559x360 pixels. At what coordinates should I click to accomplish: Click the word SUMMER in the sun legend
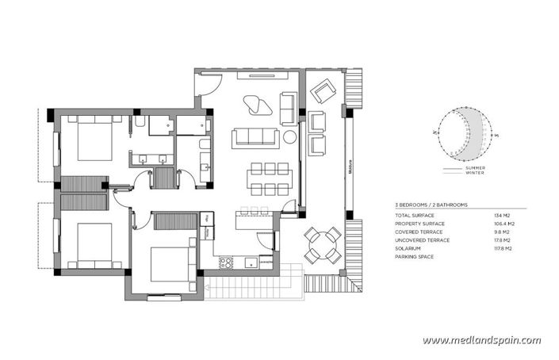475,169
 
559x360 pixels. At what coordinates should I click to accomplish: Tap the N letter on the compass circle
435,132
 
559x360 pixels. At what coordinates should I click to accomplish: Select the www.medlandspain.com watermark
481,340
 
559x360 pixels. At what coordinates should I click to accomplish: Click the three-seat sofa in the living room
255,139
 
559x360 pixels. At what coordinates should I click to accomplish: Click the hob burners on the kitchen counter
225,261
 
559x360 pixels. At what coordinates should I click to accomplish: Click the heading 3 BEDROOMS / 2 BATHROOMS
431,205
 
